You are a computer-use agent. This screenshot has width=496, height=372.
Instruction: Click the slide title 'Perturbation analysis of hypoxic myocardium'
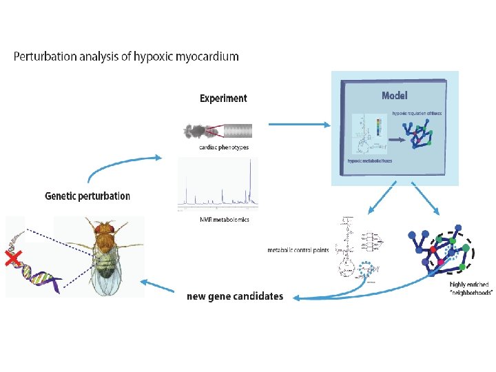pos(126,56)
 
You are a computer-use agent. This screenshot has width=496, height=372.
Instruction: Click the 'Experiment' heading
pos(223,98)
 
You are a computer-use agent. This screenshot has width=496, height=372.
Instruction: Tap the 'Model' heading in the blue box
pos(395,95)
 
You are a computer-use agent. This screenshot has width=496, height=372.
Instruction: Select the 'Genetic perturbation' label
pos(87,196)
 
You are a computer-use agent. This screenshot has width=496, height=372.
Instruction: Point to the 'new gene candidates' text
pos(235,296)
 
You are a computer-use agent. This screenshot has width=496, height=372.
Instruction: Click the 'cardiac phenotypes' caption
pos(219,147)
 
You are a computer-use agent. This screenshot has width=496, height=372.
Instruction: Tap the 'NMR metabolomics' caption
pos(219,220)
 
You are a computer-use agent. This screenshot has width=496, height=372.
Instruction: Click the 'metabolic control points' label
pos(298,249)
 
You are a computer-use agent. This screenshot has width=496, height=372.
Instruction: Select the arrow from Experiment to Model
pos(297,124)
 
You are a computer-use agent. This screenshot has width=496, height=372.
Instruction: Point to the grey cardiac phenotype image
pos(218,130)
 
